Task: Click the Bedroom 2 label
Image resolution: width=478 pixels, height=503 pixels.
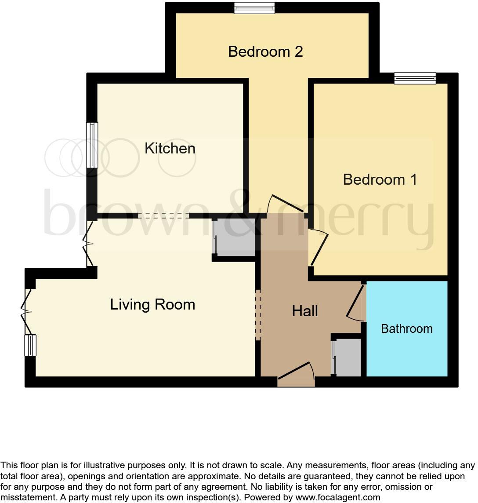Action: coord(265,52)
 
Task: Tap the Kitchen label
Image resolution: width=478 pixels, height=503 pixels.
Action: coord(170,148)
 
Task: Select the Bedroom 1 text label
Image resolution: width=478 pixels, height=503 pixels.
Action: coord(380,179)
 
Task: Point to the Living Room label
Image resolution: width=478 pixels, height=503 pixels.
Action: coord(152,304)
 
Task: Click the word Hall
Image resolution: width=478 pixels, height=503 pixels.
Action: coord(305,311)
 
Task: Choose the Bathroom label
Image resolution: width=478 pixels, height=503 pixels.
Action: coord(406,328)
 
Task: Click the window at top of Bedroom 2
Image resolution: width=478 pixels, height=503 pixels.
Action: coord(254,8)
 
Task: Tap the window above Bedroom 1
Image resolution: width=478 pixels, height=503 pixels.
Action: coord(415,78)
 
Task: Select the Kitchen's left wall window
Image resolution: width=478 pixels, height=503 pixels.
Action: coord(92,145)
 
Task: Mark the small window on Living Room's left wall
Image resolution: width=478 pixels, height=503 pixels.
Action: coord(30,345)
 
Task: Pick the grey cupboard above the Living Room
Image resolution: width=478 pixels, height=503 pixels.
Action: coord(235,237)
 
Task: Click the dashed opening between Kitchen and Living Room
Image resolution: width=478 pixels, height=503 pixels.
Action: coord(163,215)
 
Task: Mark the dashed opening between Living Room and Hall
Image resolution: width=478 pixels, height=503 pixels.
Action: coord(258,314)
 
